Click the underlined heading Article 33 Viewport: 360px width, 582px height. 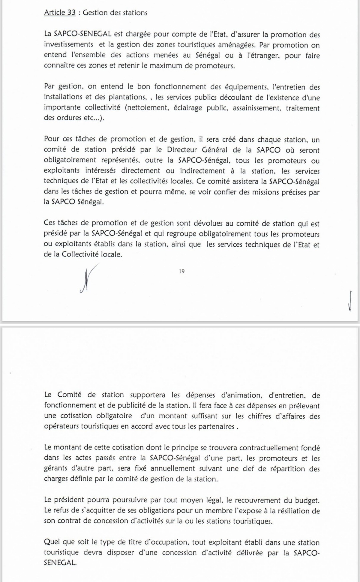pos(60,13)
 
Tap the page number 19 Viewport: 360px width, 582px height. pos(182,271)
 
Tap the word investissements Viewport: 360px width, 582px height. pos(68,45)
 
